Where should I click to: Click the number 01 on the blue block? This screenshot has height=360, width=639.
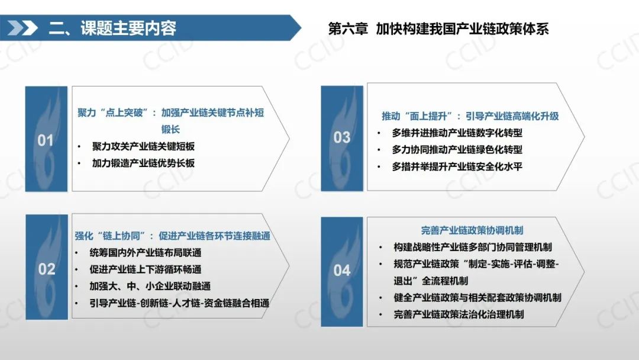[x=46, y=140]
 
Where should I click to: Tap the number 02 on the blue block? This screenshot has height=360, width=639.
[x=47, y=269]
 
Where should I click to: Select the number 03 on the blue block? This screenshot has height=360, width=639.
[x=342, y=137]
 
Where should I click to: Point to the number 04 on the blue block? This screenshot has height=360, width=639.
[x=342, y=270]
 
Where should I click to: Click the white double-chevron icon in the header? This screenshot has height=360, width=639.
[x=22, y=28]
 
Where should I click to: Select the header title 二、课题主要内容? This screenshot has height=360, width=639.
[x=112, y=28]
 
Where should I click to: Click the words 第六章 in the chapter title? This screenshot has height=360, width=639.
[x=348, y=28]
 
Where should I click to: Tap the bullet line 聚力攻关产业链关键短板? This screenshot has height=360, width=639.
[x=143, y=146]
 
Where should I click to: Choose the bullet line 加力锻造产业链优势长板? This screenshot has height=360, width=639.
[x=143, y=163]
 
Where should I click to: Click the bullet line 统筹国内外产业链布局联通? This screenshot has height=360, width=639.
[x=146, y=252]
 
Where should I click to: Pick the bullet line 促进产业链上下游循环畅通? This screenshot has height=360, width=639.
[x=146, y=269]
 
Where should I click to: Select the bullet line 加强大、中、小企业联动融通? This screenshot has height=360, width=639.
[x=150, y=286]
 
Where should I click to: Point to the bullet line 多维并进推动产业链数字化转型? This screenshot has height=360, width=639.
[x=457, y=133]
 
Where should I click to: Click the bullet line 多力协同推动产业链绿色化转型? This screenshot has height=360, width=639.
[x=457, y=149]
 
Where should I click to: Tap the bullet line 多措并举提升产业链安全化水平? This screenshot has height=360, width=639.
[x=457, y=166]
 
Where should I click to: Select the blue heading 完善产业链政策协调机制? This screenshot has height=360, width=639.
[x=472, y=230]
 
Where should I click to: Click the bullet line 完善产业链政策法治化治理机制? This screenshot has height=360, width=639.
[x=459, y=314]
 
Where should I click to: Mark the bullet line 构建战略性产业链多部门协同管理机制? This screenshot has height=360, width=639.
[x=473, y=247]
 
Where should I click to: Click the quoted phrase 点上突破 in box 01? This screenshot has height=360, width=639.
[x=124, y=112]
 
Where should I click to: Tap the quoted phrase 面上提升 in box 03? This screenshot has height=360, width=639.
[x=428, y=116]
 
